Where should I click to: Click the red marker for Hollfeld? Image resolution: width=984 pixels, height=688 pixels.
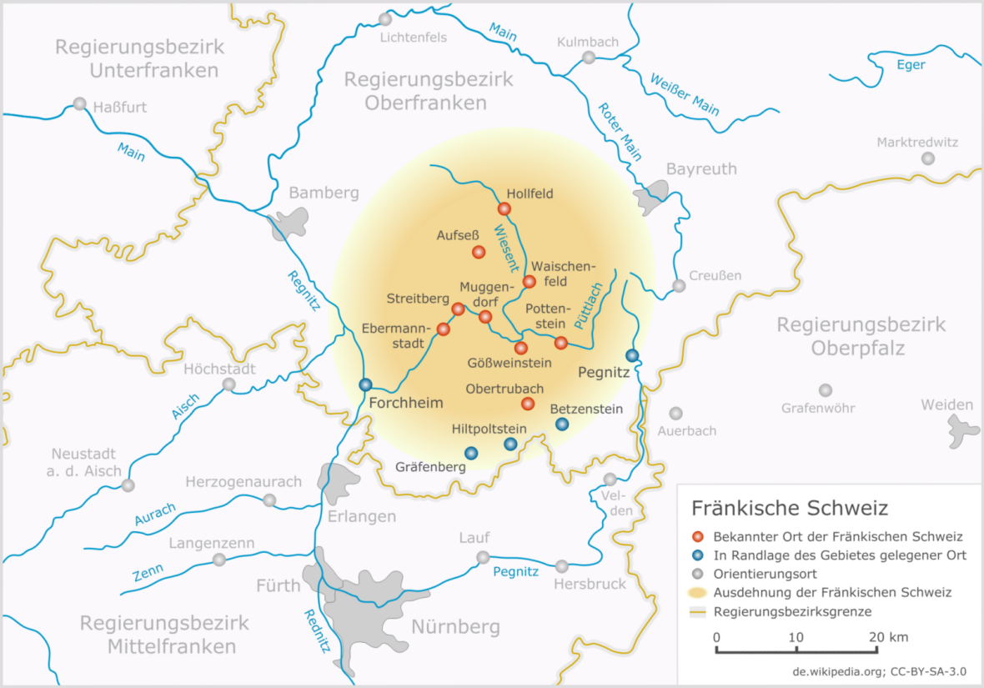(505, 208)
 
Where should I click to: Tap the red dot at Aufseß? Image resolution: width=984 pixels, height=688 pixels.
(479, 252)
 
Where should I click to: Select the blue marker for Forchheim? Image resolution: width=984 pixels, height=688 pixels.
(365, 384)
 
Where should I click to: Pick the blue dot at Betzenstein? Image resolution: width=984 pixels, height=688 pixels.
(562, 424)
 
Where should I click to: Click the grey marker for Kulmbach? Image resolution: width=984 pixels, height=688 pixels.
(589, 58)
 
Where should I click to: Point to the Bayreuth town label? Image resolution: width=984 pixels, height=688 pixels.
(700, 169)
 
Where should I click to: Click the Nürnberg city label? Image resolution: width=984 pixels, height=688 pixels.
(456, 626)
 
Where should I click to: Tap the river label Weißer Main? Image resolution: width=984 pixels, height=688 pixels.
(684, 93)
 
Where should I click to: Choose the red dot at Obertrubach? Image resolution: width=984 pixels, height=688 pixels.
(527, 404)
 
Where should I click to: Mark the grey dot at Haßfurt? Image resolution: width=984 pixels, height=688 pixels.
(79, 104)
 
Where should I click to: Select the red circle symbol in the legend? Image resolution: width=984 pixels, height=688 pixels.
(698, 536)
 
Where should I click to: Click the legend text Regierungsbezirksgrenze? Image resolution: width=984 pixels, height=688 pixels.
(792, 611)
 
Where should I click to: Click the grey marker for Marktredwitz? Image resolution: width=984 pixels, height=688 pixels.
(927, 158)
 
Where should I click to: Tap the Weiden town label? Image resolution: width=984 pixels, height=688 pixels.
(946, 405)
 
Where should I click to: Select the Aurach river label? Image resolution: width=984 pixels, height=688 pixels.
(154, 514)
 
